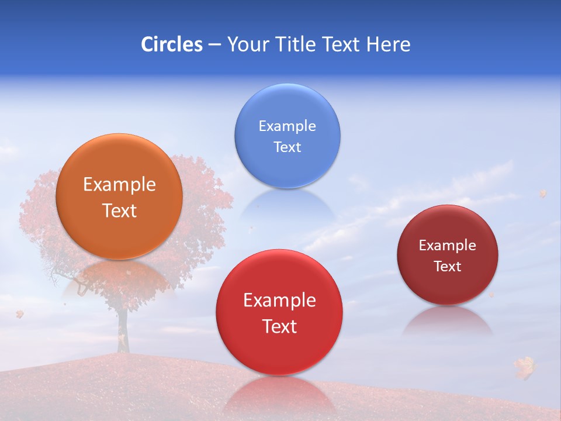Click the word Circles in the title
[171, 44]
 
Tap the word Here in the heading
[388, 44]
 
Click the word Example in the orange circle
[119, 185]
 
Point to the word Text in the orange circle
[119, 210]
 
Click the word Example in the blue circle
[287, 126]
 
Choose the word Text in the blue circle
[287, 147]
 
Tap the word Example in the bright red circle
[279, 301]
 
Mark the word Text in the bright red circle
[279, 326]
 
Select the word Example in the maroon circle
[447, 246]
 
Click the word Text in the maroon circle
[447, 267]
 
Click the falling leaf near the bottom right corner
[524, 367]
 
